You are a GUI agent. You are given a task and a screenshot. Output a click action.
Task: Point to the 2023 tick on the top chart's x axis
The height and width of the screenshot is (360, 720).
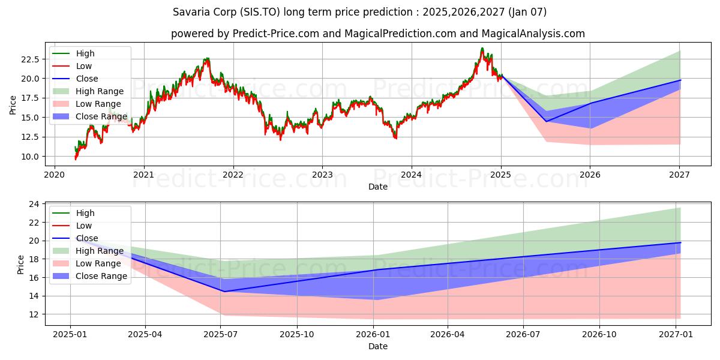tap(322, 175)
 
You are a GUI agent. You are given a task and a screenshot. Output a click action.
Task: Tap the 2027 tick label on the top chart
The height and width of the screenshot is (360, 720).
tap(679, 175)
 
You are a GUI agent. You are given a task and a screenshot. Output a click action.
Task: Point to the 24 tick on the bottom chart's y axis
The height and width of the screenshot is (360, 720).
tap(35, 204)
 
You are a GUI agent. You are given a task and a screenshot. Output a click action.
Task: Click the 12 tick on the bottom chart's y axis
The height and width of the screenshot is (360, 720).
tap(35, 314)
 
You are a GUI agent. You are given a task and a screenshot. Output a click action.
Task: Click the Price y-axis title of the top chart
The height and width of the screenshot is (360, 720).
tap(13, 105)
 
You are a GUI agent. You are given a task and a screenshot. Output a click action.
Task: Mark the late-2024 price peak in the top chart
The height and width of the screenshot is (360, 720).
tap(482, 49)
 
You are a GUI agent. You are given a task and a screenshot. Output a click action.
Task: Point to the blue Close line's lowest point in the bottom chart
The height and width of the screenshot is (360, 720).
tap(224, 292)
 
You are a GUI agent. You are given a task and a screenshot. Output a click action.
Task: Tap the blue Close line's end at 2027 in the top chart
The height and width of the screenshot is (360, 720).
tap(680, 80)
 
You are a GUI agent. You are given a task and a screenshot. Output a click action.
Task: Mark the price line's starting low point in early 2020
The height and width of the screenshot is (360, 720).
tap(76, 159)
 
